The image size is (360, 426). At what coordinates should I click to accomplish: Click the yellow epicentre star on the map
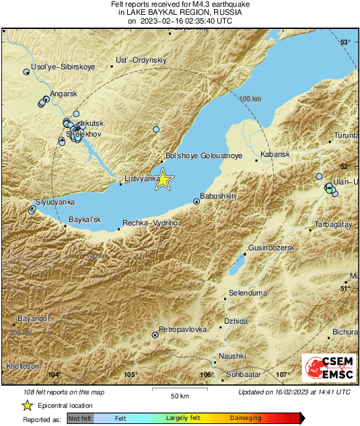164,180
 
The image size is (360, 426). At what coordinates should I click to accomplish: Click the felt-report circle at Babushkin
196,201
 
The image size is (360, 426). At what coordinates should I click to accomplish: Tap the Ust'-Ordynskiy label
141,61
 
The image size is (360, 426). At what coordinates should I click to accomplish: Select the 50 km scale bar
179,389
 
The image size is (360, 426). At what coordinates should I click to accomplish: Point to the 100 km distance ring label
250,99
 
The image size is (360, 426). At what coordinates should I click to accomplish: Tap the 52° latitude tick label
345,166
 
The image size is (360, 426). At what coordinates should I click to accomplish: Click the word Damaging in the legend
246,418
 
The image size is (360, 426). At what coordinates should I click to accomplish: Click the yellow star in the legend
27,405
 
